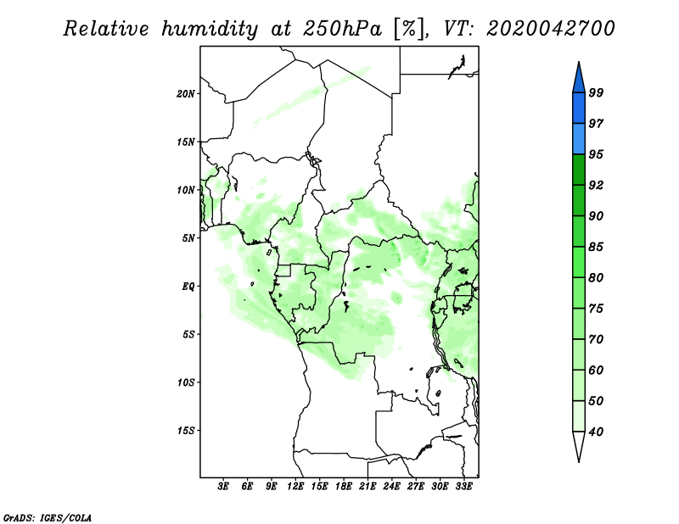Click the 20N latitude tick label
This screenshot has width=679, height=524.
click(x=186, y=93)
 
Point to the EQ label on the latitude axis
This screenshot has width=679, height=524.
click(x=188, y=287)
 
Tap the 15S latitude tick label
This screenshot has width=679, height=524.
click(x=186, y=431)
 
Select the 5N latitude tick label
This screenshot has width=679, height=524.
click(x=188, y=238)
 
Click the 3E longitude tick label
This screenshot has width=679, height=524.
click(x=223, y=488)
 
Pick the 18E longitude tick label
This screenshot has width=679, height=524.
click(x=343, y=488)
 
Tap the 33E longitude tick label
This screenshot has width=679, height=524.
click(x=463, y=488)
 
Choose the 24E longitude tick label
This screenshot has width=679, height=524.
click(x=391, y=488)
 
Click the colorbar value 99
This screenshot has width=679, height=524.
click(x=596, y=93)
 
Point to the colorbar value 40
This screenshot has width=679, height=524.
click(x=596, y=432)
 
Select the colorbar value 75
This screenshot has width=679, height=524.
click(x=596, y=309)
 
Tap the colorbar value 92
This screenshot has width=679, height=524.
click(x=596, y=186)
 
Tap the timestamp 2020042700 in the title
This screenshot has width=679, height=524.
click(x=550, y=28)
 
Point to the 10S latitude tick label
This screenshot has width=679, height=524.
click(x=186, y=382)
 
